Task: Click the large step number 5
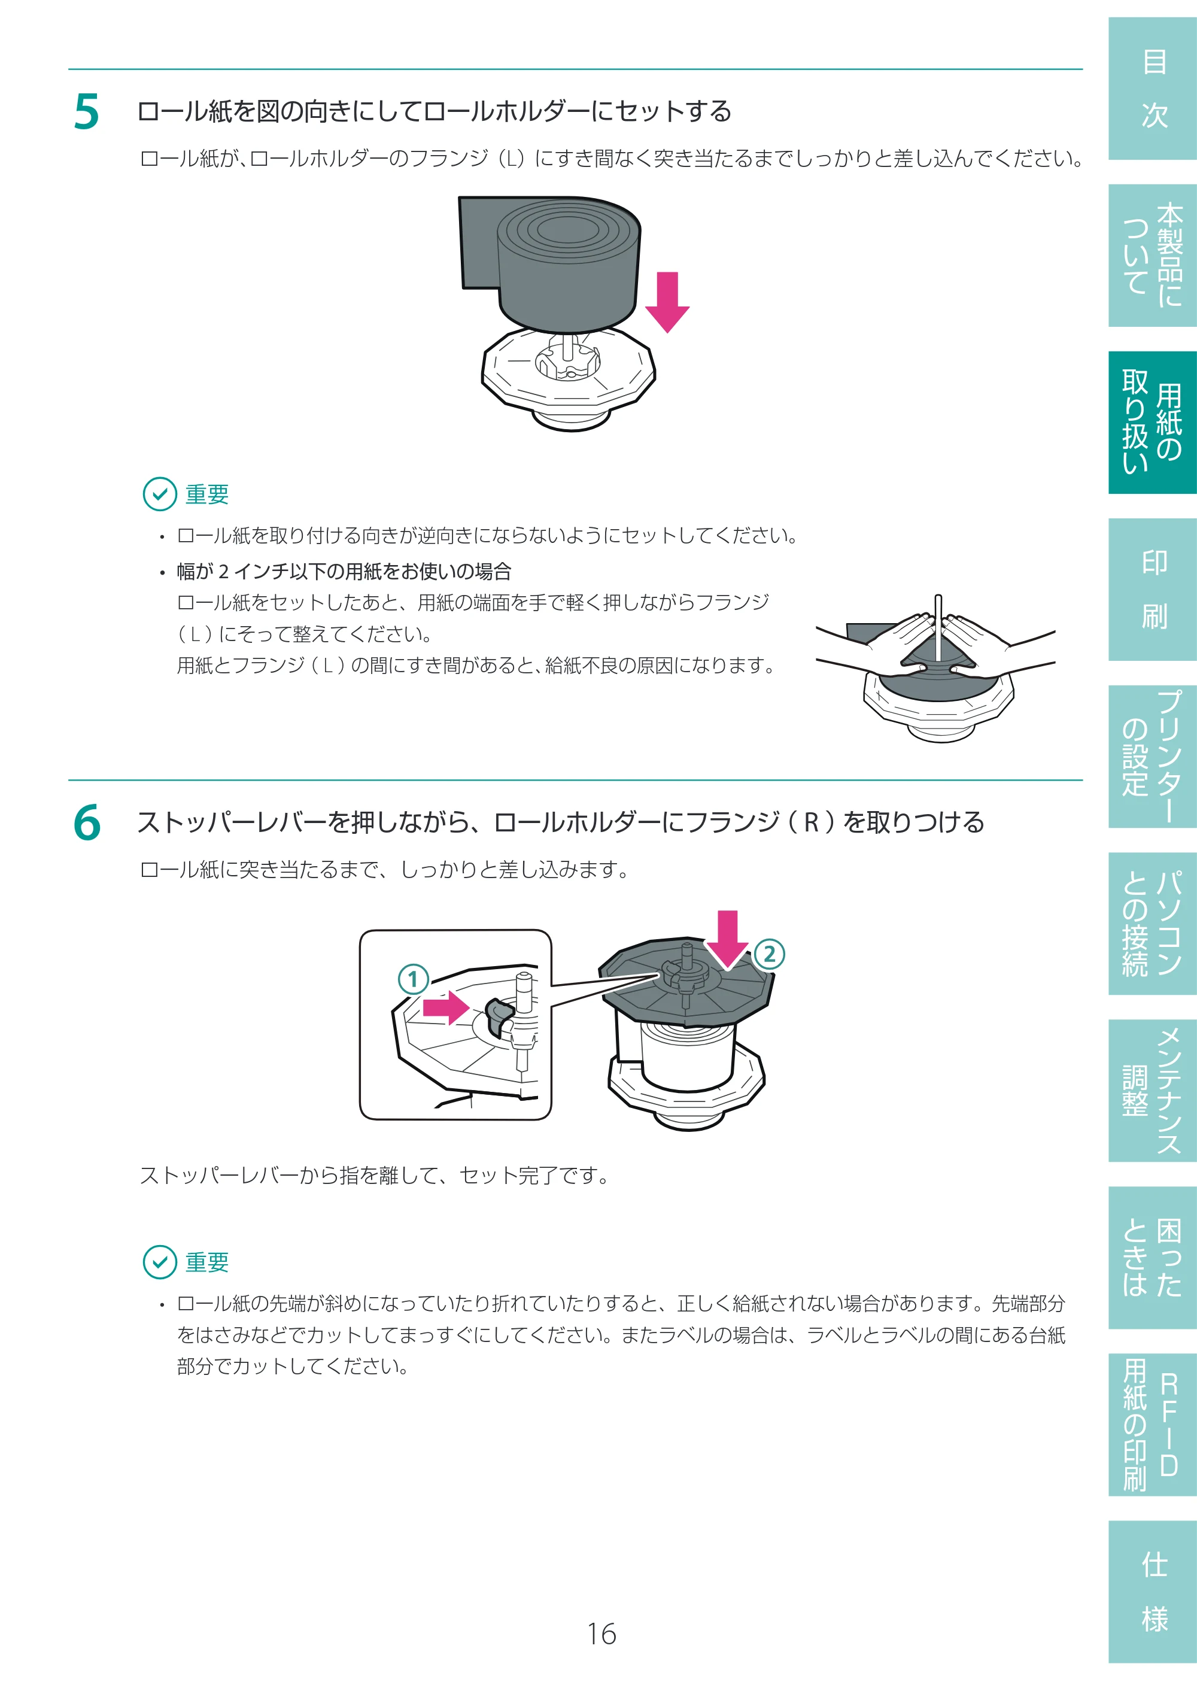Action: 86,112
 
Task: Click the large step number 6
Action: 87,822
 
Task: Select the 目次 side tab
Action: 1152,89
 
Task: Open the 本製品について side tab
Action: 1152,255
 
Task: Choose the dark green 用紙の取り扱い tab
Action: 1152,422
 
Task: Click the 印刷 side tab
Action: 1152,590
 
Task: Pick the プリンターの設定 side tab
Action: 1152,756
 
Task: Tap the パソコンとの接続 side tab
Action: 1152,923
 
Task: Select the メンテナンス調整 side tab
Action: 1152,1091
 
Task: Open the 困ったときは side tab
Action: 1152,1257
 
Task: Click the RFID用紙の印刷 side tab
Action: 1152,1425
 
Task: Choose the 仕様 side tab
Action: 1152,1592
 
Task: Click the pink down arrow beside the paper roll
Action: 667,302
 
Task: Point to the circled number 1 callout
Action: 413,979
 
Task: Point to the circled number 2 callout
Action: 769,954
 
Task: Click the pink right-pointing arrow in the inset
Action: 446,1007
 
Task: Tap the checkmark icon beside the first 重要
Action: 159,494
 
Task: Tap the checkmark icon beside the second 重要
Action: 159,1262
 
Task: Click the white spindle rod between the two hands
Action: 938,628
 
